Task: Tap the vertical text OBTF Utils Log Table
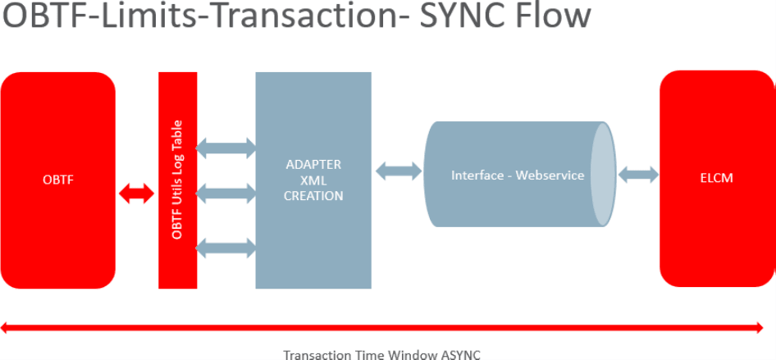tap(177, 180)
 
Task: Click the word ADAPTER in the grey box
tap(313, 165)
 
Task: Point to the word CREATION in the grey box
tap(313, 196)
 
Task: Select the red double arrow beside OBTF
tap(136, 194)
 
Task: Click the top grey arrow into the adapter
tap(226, 148)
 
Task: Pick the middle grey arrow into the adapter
tap(226, 194)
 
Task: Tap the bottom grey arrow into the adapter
tap(226, 246)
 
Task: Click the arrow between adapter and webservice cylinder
tap(399, 171)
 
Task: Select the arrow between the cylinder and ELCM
tap(638, 175)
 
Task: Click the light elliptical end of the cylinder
tap(603, 175)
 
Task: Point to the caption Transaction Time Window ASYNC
tap(381, 354)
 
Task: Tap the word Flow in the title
tap(559, 18)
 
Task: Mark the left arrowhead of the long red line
tap(7, 328)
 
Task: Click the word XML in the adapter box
tap(313, 180)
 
